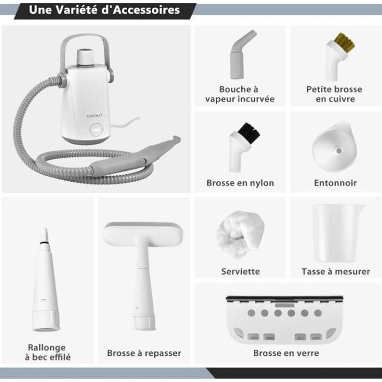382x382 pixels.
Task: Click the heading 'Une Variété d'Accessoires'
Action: [104, 10]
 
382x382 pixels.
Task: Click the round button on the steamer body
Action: [95, 130]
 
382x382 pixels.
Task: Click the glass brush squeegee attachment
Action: [285, 319]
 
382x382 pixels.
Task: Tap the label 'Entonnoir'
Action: [335, 183]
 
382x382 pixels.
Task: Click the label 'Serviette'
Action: [240, 271]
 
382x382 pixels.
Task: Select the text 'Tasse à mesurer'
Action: [335, 271]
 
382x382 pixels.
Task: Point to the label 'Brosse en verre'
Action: [286, 353]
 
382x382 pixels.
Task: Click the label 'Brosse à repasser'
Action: [144, 353]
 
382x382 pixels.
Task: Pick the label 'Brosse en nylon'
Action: [240, 183]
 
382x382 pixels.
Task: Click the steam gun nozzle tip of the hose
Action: [176, 140]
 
